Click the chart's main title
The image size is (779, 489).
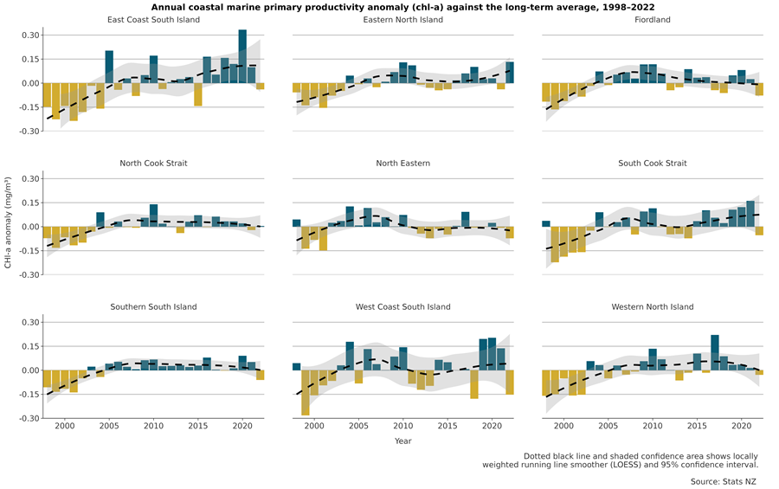pyautogui.click(x=402, y=7)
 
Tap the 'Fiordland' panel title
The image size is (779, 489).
pyautogui.click(x=652, y=20)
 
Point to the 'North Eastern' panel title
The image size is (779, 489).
pyautogui.click(x=402, y=164)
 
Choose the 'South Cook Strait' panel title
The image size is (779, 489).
pyautogui.click(x=652, y=164)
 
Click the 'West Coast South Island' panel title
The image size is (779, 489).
pyautogui.click(x=402, y=307)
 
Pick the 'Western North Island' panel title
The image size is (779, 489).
pyautogui.click(x=652, y=307)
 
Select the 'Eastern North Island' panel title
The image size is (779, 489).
pyautogui.click(x=402, y=20)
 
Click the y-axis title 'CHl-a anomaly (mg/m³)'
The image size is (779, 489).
pyautogui.click(x=8, y=227)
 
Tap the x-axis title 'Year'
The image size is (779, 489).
pyautogui.click(x=402, y=441)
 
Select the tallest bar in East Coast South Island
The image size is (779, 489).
pyautogui.click(x=242, y=56)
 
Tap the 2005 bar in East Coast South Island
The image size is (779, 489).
pyautogui.click(x=109, y=67)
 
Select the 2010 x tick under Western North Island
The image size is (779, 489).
pyautogui.click(x=653, y=427)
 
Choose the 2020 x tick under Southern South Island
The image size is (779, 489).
pyautogui.click(x=242, y=427)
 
